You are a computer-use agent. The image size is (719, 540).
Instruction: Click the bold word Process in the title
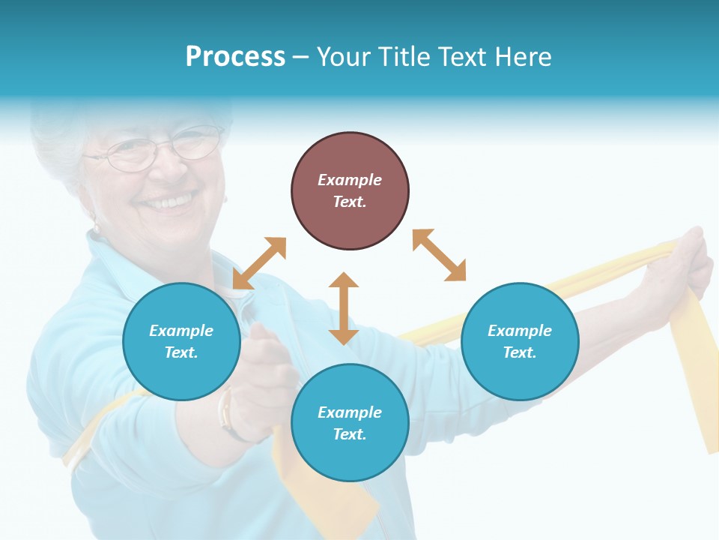tap(235, 57)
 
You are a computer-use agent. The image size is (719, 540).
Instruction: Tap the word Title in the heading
tap(405, 57)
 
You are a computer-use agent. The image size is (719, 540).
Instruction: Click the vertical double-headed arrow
tap(344, 308)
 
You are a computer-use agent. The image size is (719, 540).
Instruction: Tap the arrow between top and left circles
tap(259, 263)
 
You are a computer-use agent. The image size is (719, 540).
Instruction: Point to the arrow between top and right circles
tap(439, 255)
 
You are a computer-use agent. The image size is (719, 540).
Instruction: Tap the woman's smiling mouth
tap(168, 202)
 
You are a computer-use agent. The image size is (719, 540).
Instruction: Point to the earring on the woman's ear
tap(95, 226)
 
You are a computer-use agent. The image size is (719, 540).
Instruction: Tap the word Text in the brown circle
tap(350, 202)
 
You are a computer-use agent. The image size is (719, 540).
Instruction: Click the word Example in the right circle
tap(520, 331)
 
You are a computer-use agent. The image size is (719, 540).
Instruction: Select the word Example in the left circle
tap(181, 331)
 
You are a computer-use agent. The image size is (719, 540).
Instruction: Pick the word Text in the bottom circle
tap(350, 434)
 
